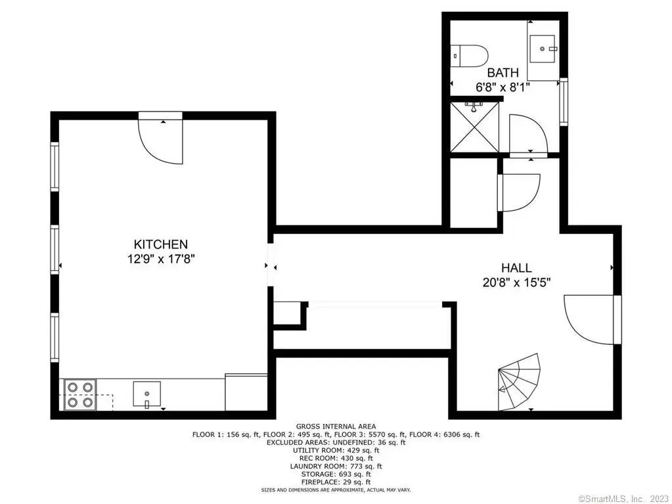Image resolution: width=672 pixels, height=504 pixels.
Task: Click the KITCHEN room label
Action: coord(161,244)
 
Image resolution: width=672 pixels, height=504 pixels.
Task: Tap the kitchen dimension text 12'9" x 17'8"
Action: coord(161,259)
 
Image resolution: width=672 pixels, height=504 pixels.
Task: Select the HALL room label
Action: coord(516,268)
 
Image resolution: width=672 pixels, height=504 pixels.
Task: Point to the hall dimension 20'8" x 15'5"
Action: coord(516,283)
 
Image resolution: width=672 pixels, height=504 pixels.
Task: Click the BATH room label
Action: coord(503,72)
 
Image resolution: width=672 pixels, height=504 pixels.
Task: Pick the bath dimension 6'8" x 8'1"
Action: coord(503,87)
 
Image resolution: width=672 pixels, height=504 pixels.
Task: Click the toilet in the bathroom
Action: coord(470,56)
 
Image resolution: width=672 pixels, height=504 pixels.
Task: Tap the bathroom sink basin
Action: coord(543,49)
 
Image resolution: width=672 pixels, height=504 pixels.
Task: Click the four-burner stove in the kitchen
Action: coord(80,395)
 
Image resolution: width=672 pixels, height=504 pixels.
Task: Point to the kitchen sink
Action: coord(146,394)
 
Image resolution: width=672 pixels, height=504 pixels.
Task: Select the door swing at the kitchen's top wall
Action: coord(161,138)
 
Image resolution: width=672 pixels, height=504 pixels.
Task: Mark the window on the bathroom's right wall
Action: coord(564,102)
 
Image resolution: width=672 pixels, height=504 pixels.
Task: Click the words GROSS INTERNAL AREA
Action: coord(336,426)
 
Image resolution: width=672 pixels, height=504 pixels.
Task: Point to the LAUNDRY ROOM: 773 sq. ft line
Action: coord(336,467)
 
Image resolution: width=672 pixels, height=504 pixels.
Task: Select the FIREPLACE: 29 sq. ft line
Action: coord(336,482)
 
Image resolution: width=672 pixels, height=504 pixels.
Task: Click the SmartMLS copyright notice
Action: coord(623,499)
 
